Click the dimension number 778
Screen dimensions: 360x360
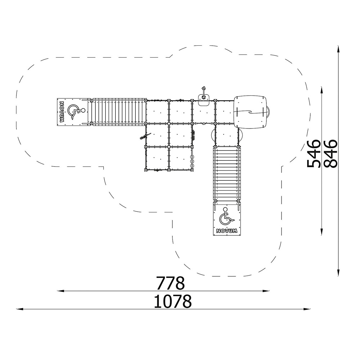point(170,283)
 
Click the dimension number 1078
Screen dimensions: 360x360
point(172,301)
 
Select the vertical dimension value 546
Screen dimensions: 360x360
point(314,154)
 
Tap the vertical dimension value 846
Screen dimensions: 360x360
point(330,154)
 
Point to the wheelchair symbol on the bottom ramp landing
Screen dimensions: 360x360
point(226,216)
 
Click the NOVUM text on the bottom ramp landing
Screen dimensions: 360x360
point(226,231)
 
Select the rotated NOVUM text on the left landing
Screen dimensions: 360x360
point(62,112)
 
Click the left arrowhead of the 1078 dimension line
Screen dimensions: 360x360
point(20,309)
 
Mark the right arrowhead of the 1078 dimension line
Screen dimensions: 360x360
point(307,309)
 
